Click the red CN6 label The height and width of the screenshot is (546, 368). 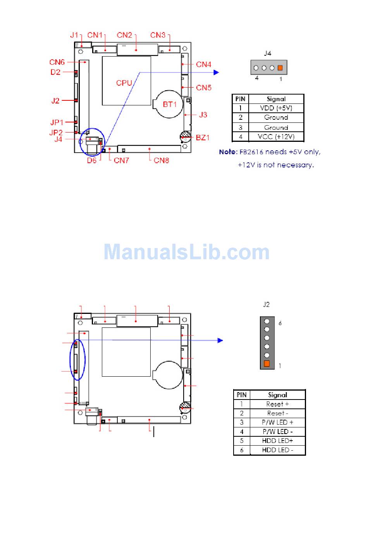(57, 62)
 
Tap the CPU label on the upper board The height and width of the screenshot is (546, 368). (124, 83)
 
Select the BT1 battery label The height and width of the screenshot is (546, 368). (170, 104)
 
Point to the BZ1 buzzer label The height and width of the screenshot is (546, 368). (203, 138)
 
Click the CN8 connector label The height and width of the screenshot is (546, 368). (161, 160)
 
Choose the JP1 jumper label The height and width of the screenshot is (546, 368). (57, 122)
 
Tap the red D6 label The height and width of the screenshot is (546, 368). (92, 160)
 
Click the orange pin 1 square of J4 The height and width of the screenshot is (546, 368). (280, 68)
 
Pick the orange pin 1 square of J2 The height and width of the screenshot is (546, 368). (267, 363)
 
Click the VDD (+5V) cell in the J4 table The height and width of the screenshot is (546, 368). (276, 108)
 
